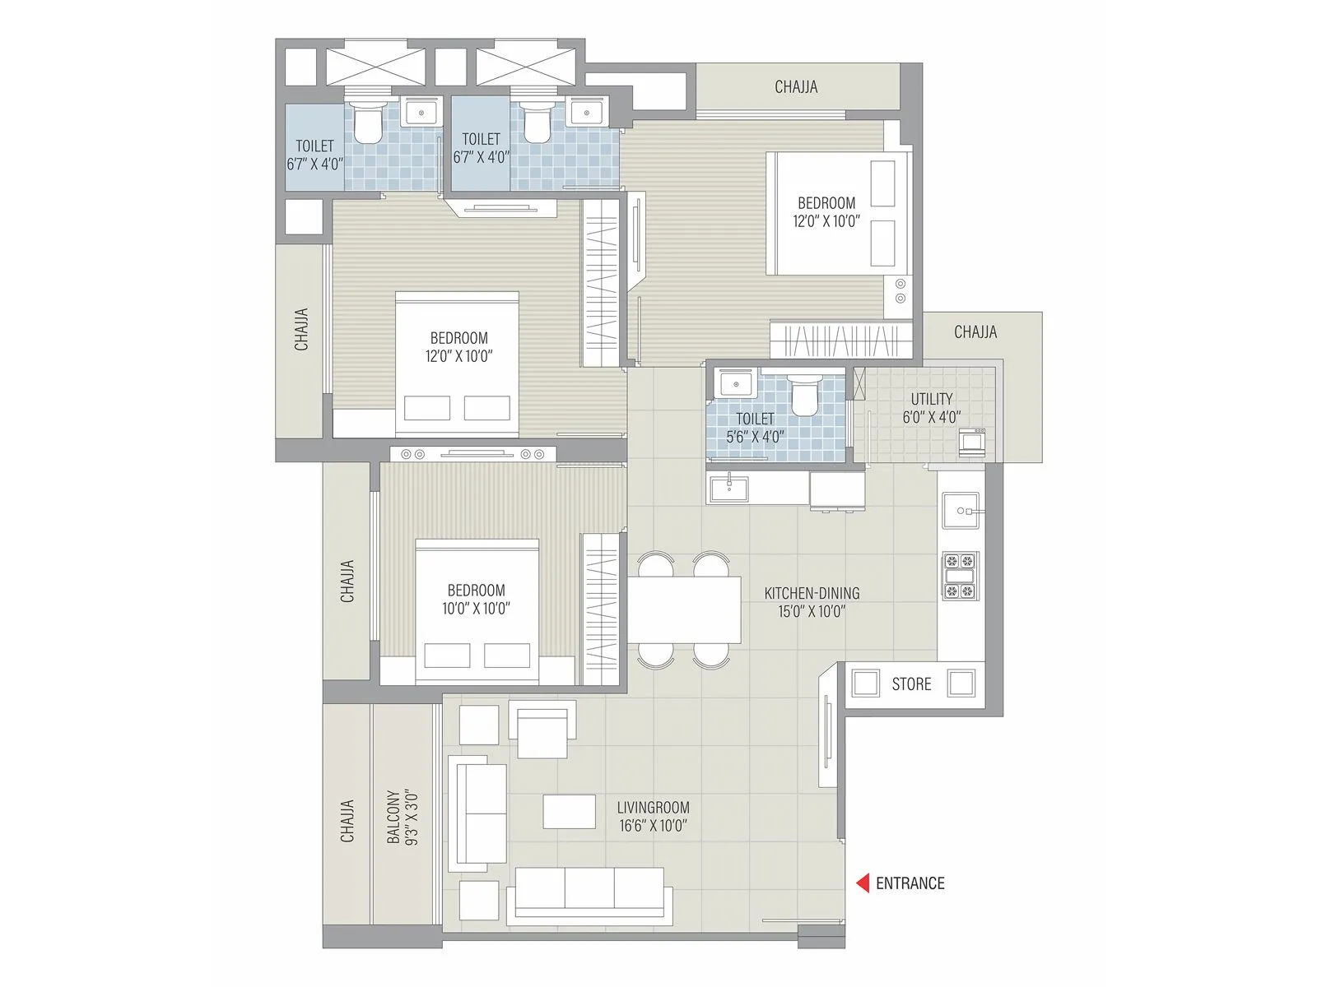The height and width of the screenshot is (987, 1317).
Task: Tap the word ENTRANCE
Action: pos(910,883)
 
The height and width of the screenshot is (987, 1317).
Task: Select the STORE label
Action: pos(911,684)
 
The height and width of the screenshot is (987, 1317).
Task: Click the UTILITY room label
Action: pos(931,400)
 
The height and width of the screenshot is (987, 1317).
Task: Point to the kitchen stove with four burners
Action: pos(961,576)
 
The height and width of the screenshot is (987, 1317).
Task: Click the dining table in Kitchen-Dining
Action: pos(685,609)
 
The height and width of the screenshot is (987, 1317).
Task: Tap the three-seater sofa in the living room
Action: pos(589,892)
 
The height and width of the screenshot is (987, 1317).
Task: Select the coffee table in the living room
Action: pos(569,811)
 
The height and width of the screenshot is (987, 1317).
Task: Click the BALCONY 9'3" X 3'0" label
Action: pos(403,818)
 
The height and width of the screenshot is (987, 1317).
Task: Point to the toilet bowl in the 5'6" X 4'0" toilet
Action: pos(804,396)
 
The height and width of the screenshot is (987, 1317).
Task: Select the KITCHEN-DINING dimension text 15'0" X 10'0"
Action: pos(812,611)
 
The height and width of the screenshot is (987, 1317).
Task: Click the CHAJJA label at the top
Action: pos(796,86)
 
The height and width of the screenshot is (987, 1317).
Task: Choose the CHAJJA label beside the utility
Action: pos(975,332)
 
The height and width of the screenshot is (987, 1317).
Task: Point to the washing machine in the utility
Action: pos(972,442)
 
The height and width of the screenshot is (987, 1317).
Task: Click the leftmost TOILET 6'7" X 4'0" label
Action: pos(315,155)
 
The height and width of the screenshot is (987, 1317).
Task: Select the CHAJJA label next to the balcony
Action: pos(347,821)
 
